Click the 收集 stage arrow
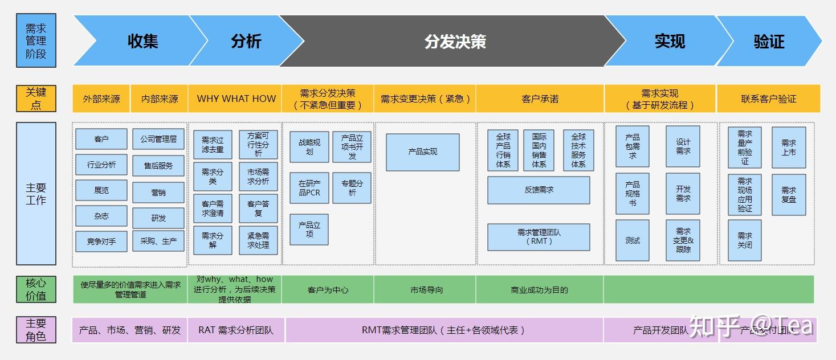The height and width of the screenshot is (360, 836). pyautogui.click(x=142, y=41)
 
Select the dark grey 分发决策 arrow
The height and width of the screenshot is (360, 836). pyautogui.click(x=455, y=41)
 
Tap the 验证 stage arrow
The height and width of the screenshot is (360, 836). pyautogui.click(x=769, y=41)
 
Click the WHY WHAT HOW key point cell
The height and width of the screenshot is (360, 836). pyautogui.click(x=236, y=99)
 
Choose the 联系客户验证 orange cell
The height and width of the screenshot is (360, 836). pyautogui.click(x=768, y=99)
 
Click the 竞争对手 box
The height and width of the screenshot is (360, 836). pyautogui.click(x=101, y=242)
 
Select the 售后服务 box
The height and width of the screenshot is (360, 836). pyautogui.click(x=158, y=166)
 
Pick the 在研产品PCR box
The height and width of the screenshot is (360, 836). pyautogui.click(x=309, y=188)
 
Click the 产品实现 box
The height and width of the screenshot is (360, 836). pyautogui.click(x=422, y=152)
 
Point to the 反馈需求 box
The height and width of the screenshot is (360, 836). pyautogui.click(x=539, y=190)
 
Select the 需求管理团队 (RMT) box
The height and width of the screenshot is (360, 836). pyautogui.click(x=539, y=236)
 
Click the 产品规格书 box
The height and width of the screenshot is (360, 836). pyautogui.click(x=633, y=194)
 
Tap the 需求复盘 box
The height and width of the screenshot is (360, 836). pyautogui.click(x=789, y=195)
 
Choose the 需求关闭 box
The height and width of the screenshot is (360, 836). pyautogui.click(x=745, y=240)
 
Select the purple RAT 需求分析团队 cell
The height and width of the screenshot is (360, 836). pyautogui.click(x=236, y=330)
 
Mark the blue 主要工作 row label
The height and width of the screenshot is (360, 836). pyautogui.click(x=36, y=194)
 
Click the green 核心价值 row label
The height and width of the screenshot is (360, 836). pyautogui.click(x=36, y=289)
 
